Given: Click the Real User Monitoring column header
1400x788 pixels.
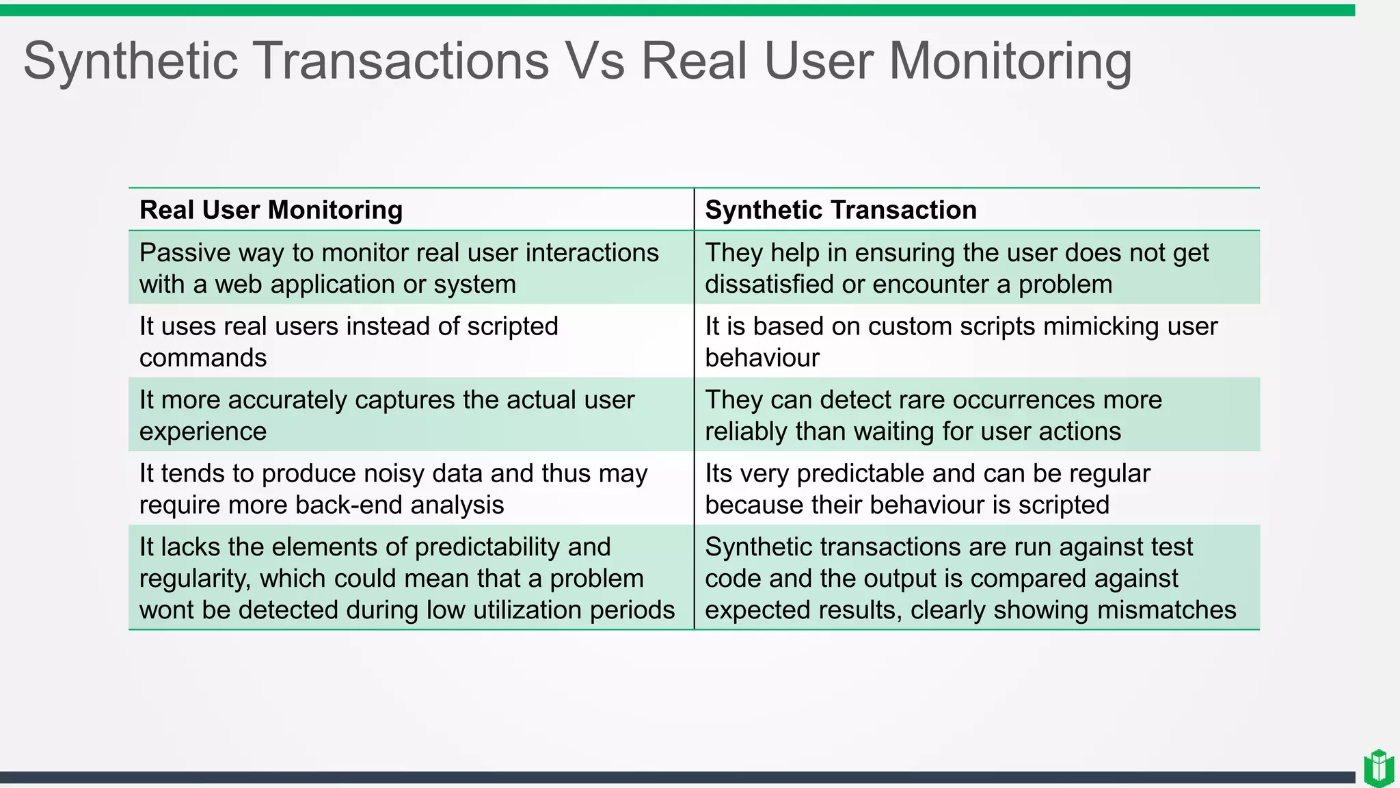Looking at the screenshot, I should coord(271,210).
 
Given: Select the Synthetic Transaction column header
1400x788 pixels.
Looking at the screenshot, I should coord(840,210).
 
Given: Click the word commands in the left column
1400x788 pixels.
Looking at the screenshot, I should coord(202,358).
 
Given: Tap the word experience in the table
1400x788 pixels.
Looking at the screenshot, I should coord(202,432).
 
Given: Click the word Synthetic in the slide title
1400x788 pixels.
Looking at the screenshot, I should coord(131,61).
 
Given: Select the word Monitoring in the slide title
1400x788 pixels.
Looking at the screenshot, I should coord(1009,61).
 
